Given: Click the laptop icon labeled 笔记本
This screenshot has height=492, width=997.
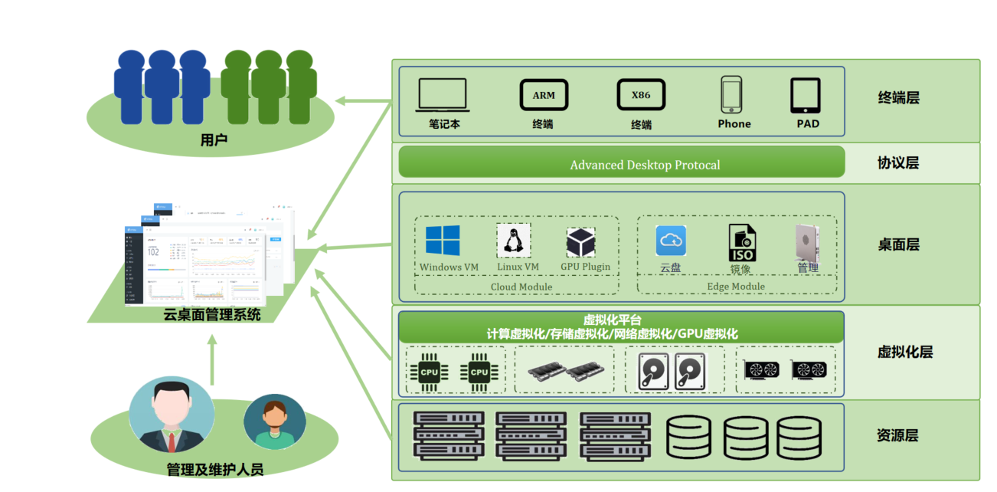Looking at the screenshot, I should point(443,96).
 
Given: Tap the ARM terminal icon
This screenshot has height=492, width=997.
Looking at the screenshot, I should point(544,95).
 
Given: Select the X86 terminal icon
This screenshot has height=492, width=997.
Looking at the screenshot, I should point(641,95).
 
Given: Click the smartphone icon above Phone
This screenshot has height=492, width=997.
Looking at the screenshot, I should point(731,96).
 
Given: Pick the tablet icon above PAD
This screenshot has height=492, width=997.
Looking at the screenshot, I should point(806,96).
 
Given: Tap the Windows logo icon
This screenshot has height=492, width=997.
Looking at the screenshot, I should point(443,241).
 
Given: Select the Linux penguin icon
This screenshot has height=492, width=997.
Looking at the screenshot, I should point(514,241).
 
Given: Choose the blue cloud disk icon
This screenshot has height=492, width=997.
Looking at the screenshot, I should point(671,241).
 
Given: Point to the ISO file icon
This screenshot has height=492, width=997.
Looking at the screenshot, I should point(741,243).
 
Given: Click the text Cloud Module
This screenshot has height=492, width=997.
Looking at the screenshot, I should point(521,287).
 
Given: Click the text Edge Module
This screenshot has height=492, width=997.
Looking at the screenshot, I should point(736,287).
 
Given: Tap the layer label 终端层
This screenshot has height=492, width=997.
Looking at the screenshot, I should point(898,98).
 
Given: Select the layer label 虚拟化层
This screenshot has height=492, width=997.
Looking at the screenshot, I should point(904,353).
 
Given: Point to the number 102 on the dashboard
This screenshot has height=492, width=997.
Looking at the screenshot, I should point(153,251).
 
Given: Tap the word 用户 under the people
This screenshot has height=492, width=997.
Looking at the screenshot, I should point(214,140).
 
